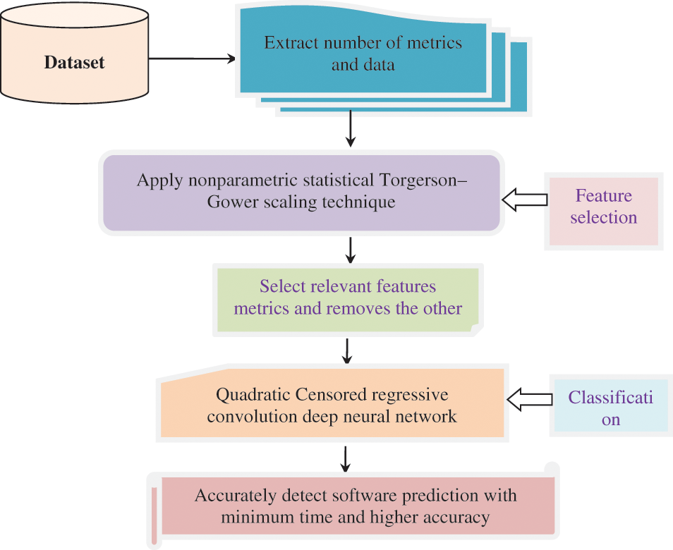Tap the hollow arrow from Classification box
coord(530,398)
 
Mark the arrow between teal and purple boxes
coord(350,130)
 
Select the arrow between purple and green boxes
coord(350,248)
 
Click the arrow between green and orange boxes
coord(346,350)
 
